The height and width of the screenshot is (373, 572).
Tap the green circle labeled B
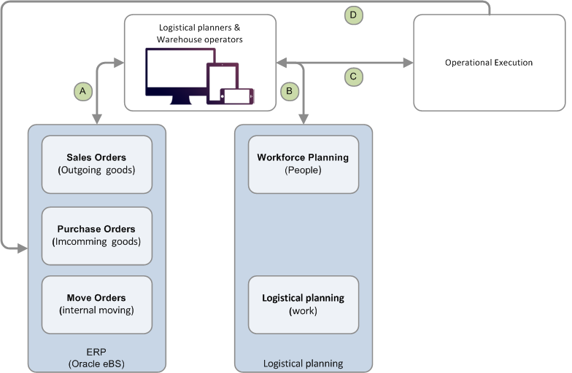click(289, 91)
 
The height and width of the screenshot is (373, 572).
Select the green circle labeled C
click(353, 76)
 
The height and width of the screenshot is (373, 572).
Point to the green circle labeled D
click(353, 14)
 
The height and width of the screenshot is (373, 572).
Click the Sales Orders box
click(96, 163)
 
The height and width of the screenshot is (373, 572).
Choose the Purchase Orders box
click(96, 235)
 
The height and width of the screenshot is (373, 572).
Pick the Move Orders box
click(96, 304)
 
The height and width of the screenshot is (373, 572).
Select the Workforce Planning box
click(303, 163)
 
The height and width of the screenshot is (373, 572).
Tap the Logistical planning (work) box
click(303, 304)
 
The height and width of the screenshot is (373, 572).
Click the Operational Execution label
click(489, 63)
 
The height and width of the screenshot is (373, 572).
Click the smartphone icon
click(238, 96)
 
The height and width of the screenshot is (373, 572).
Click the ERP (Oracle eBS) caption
click(96, 357)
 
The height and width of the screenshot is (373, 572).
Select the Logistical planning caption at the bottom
click(303, 363)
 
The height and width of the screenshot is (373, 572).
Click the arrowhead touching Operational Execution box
click(408, 63)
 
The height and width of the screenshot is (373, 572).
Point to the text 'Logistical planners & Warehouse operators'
click(201, 33)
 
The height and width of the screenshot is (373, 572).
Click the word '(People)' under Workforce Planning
click(303, 170)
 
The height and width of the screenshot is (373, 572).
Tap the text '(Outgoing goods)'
click(96, 170)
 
